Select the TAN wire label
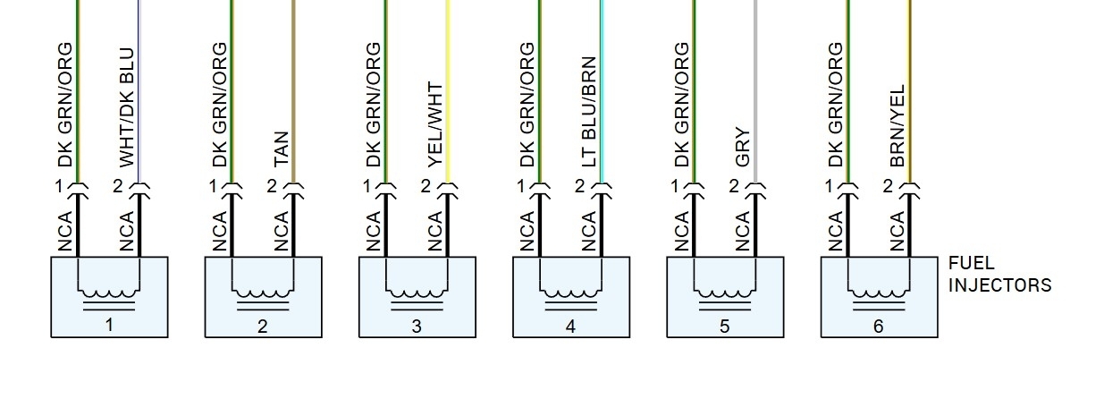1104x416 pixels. click(281, 147)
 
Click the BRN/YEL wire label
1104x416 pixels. click(897, 126)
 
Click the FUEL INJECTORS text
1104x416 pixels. click(999, 275)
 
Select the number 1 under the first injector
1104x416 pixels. click(109, 325)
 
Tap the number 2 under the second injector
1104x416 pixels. click(262, 327)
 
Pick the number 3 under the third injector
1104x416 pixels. click(417, 327)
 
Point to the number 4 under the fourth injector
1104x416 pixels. click(570, 327)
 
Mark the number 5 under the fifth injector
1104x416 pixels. click(724, 327)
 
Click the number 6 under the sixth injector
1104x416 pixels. click(879, 327)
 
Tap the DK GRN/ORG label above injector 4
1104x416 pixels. click(527, 105)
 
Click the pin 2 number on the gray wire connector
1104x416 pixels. click(734, 186)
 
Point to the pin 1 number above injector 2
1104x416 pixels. click(213, 186)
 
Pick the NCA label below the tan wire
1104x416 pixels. click(281, 231)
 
